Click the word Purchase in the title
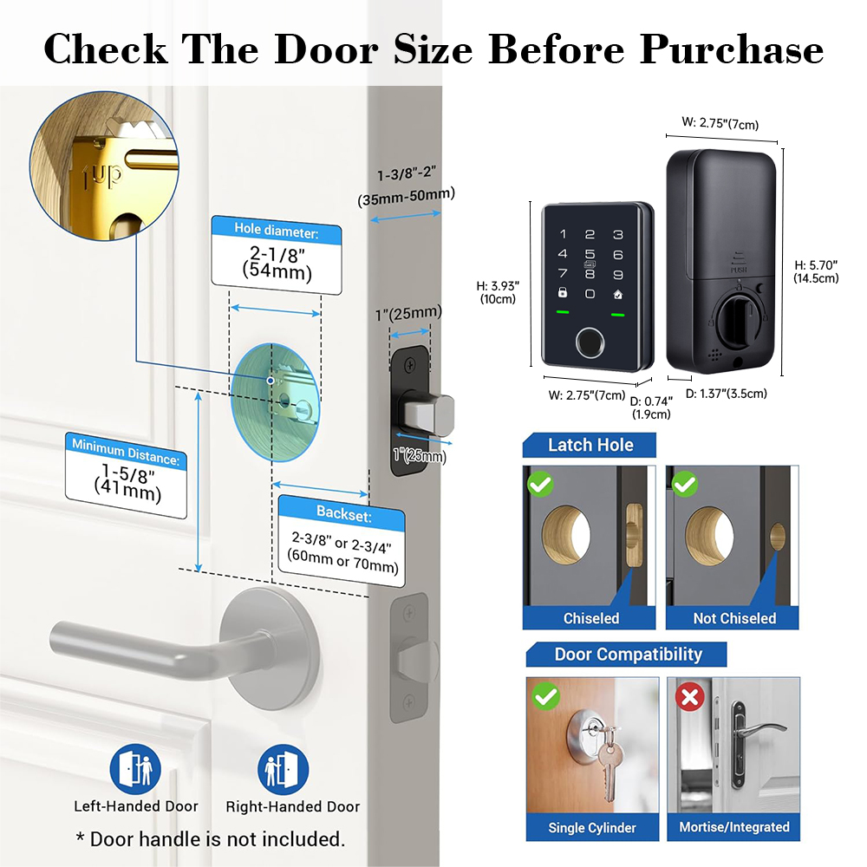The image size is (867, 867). click(732, 49)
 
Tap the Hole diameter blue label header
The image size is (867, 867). click(277, 231)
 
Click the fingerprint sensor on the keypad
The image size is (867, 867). click(590, 345)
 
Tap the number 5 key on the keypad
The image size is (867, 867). click(590, 254)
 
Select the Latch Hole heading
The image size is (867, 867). click(590, 445)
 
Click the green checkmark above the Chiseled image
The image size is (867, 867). click(540, 484)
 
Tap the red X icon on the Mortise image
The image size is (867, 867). click(690, 695)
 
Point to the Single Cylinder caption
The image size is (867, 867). click(592, 827)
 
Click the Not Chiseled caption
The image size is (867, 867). click(734, 618)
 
